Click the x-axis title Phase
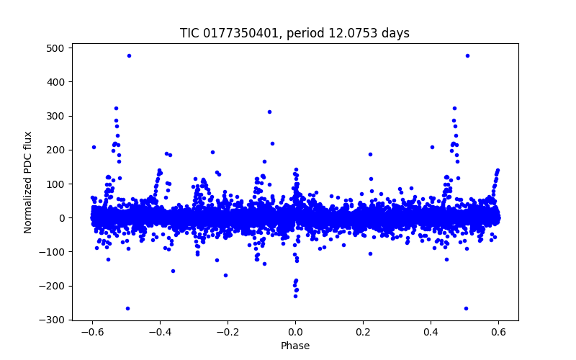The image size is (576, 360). point(295,346)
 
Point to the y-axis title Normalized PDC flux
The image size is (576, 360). point(28,182)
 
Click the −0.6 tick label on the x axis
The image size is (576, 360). point(91,333)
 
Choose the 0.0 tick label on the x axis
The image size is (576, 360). point(295,333)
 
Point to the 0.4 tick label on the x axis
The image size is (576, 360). point(431,333)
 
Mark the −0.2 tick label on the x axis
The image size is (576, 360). point(227,333)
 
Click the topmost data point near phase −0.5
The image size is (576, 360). point(129,55)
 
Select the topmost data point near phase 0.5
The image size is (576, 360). point(467,55)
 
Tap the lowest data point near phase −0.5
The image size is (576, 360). point(127,308)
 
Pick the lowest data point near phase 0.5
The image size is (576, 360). point(466,308)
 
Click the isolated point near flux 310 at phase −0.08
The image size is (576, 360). point(269,112)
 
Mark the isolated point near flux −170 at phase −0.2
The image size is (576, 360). point(225,275)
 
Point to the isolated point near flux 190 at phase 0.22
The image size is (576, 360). point(370,154)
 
